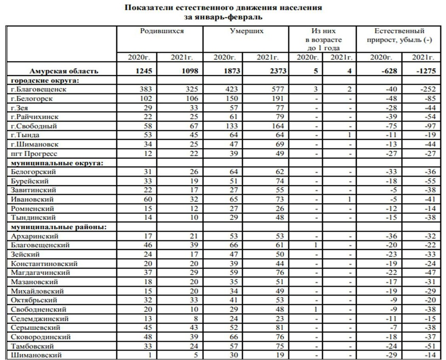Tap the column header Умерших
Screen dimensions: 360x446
[246, 31]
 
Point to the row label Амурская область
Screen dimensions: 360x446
[64, 71]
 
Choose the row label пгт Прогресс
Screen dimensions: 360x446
[34, 153]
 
